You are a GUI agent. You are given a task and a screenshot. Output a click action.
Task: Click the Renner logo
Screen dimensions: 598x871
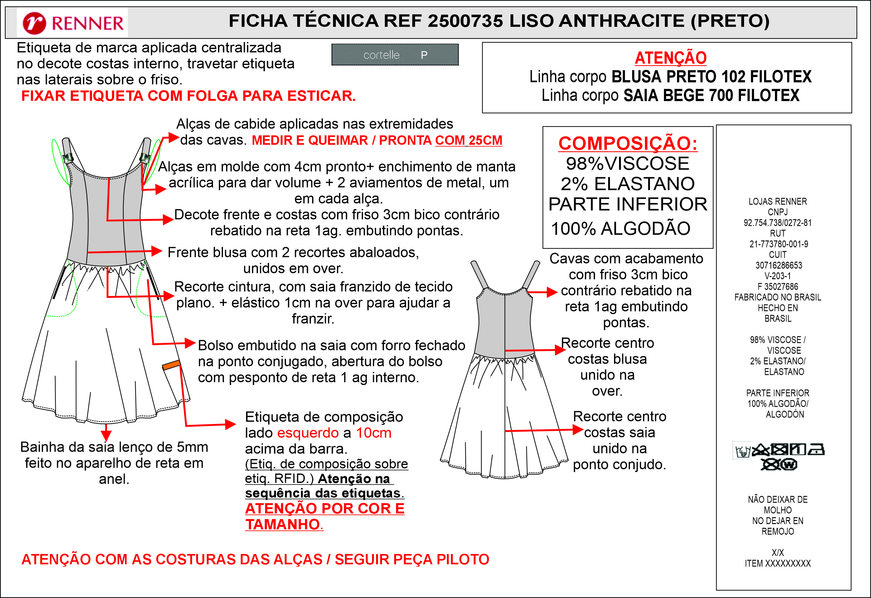pos(73,22)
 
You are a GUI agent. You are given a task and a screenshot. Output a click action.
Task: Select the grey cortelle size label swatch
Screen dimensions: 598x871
pos(395,55)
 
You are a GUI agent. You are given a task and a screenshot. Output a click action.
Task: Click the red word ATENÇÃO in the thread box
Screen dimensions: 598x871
pos(670,58)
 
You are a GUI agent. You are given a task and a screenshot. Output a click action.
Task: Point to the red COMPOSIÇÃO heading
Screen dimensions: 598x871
pos(628,143)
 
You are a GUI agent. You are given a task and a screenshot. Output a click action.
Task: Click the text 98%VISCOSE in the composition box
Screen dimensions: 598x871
pos(627,163)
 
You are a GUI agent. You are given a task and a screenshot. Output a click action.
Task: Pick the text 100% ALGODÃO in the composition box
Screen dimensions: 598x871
pos(620,228)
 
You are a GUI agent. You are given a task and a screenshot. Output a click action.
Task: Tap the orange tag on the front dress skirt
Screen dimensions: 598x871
pos(171,364)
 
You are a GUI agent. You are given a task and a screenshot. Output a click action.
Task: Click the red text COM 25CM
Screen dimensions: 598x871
pos(468,140)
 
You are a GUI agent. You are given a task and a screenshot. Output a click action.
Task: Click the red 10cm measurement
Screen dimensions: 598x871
pos(373,433)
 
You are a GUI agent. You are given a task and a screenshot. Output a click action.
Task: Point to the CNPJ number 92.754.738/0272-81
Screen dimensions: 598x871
pos(777,223)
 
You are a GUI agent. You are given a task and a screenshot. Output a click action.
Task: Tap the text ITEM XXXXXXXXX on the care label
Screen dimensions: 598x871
pos(777,563)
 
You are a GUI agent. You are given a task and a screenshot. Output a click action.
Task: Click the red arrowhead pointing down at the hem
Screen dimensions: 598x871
pos(106,435)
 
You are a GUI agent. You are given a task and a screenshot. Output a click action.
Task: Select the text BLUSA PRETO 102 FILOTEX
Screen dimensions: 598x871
pos(711,77)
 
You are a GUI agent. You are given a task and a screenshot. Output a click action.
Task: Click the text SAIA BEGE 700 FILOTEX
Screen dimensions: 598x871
pos(711,95)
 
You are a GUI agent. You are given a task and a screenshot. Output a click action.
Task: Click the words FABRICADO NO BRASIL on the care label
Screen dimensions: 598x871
pos(777,297)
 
